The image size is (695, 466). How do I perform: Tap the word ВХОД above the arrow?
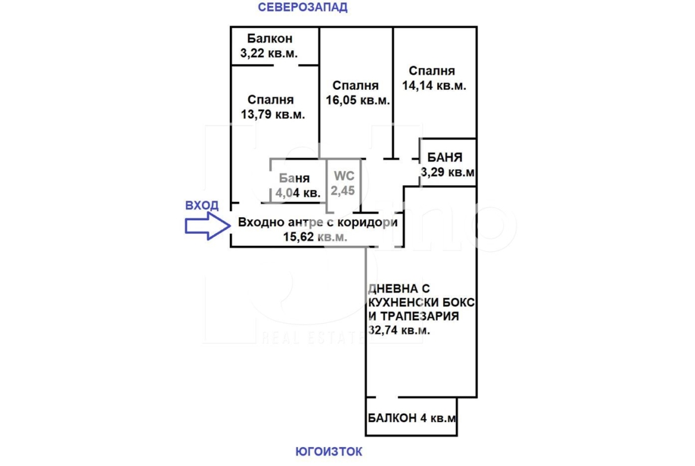[x=202, y=205]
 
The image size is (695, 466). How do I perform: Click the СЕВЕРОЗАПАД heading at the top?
[x=303, y=7]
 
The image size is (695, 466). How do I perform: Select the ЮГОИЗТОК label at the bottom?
[x=329, y=451]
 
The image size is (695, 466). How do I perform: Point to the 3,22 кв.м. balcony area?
[x=269, y=53]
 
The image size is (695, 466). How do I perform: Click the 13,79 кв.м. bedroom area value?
[x=273, y=115]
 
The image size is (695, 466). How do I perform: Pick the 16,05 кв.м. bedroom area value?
[x=358, y=100]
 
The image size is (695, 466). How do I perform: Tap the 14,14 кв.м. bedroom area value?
[x=434, y=85]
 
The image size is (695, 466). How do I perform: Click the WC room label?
[x=344, y=176]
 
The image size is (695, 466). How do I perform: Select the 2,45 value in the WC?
[x=343, y=191]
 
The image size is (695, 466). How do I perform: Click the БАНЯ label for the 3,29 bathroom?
[x=444, y=157]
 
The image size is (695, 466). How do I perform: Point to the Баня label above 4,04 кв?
[x=294, y=178]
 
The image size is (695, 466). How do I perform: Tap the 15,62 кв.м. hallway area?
[x=315, y=236]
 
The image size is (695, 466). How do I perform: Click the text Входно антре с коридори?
[x=318, y=222]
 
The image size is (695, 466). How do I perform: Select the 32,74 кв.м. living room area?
[x=399, y=330]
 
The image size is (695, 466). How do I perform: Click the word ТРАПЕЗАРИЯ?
[x=419, y=316]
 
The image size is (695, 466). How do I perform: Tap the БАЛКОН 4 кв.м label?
[x=412, y=418]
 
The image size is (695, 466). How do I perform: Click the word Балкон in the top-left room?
[x=270, y=39]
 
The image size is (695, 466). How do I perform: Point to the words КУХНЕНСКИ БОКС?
[x=422, y=303]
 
